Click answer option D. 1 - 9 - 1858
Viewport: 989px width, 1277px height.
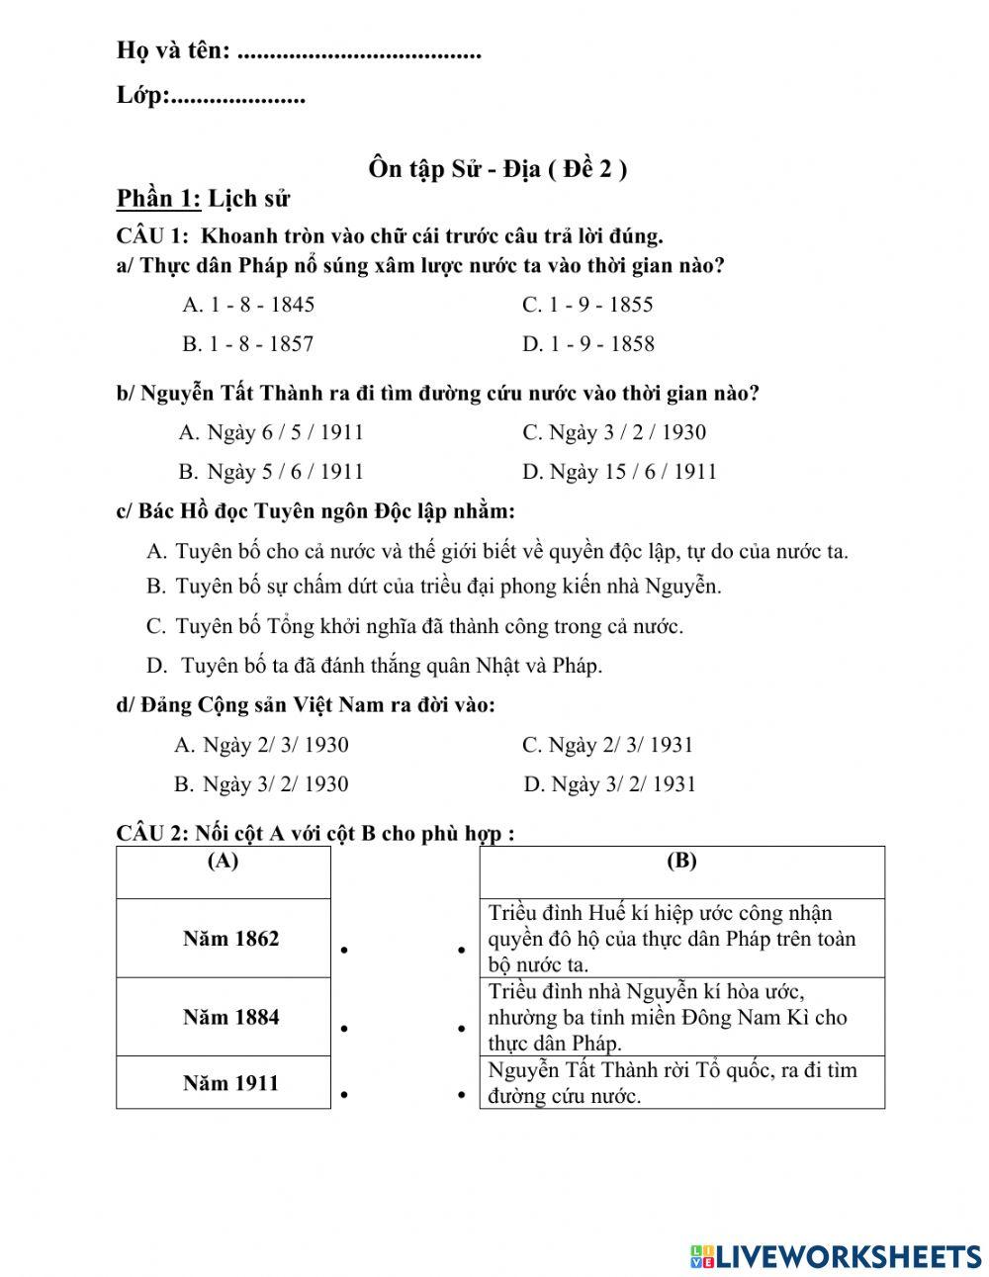point(588,344)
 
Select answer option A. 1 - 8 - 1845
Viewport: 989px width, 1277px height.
point(248,305)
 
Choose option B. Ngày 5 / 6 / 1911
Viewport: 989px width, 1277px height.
point(271,472)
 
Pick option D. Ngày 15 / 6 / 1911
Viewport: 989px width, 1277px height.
point(619,472)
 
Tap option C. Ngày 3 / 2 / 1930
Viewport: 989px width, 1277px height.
point(614,432)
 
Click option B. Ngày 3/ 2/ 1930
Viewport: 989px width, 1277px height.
point(261,784)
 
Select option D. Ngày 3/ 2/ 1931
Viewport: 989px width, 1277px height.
point(610,784)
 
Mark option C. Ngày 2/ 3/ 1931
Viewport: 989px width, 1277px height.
point(608,745)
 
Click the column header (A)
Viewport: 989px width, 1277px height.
point(224,862)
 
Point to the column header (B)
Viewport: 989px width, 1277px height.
point(681,862)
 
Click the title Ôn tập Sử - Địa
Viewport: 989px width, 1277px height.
point(497,169)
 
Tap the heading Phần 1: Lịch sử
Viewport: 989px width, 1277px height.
point(203,199)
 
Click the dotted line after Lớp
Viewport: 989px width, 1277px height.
point(238,97)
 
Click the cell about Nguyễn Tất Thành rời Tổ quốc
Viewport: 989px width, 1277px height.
point(681,1082)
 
